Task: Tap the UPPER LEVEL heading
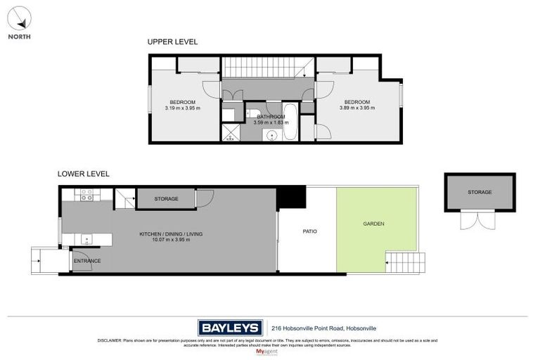tap(172, 42)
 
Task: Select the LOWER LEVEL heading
tap(84, 174)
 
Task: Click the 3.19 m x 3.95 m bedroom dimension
tap(182, 108)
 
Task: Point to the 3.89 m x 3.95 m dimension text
tap(357, 108)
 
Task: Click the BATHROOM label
tap(271, 116)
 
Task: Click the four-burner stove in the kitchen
tap(87, 197)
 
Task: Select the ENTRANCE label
tap(88, 261)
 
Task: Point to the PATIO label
tap(310, 231)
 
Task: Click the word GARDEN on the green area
tap(373, 224)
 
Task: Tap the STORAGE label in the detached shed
tap(480, 192)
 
